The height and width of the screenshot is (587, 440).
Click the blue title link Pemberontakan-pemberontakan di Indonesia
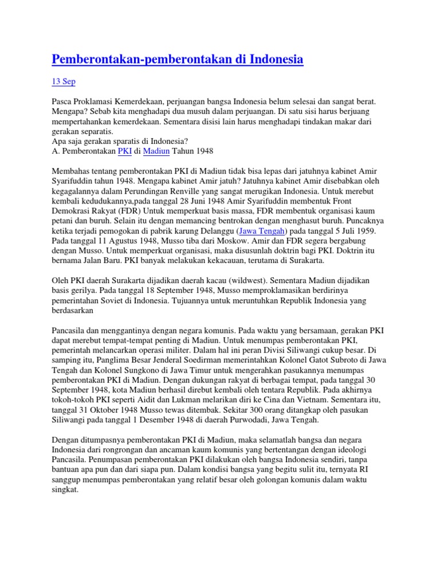coord(178,59)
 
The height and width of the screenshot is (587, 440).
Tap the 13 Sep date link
coord(64,81)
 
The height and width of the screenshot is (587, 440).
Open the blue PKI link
coord(124,151)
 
